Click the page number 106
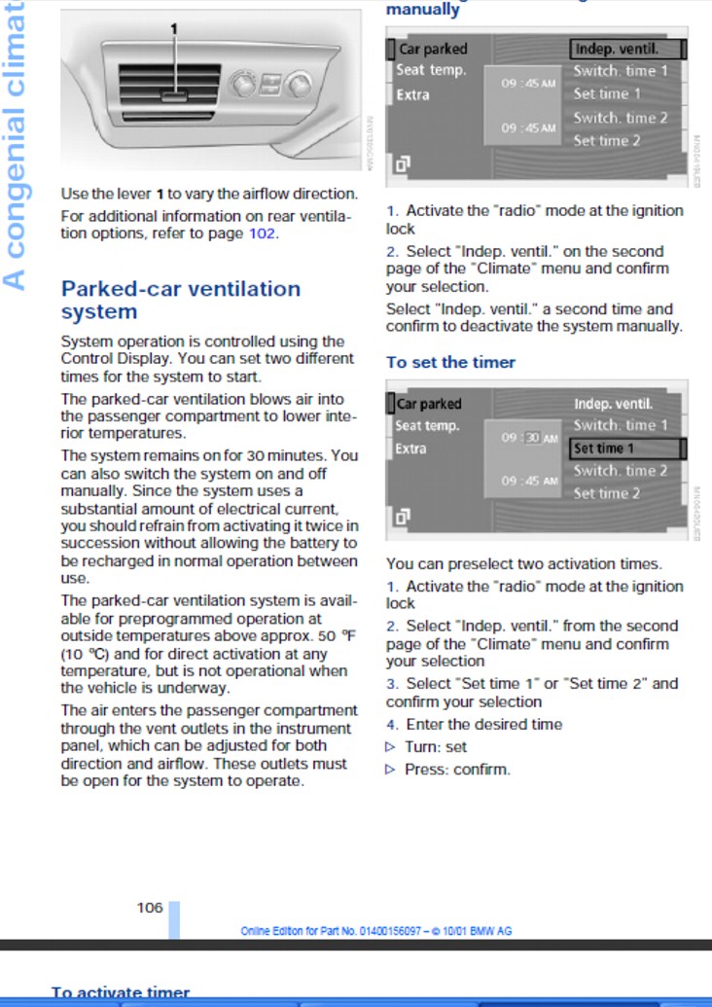[150, 908]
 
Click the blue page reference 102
[263, 234]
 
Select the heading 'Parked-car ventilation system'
[181, 300]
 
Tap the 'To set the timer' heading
[450, 362]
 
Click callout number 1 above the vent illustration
[175, 29]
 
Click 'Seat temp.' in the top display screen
[431, 71]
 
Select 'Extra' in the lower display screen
[412, 449]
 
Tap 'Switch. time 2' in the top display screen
[621, 118]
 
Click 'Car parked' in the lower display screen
[430, 404]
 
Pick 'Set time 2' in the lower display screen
[607, 493]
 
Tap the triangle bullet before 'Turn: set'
[391, 747]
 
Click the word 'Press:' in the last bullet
[426, 770]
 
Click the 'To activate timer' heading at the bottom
[121, 993]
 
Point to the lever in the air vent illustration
[175, 95]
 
